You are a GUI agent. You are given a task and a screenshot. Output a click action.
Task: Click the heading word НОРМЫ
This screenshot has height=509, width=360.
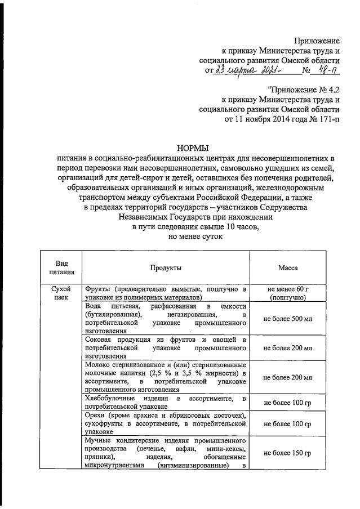pyautogui.click(x=193, y=148)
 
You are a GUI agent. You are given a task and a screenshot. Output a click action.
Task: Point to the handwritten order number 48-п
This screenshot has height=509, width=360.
pyautogui.click(x=327, y=70)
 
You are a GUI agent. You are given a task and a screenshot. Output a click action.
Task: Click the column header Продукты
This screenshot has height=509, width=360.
pyautogui.click(x=166, y=269)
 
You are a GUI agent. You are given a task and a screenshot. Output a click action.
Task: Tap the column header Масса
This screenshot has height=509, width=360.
pyautogui.click(x=288, y=269)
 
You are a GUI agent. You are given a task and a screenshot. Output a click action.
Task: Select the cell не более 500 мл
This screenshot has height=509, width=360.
pyautogui.click(x=288, y=319)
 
